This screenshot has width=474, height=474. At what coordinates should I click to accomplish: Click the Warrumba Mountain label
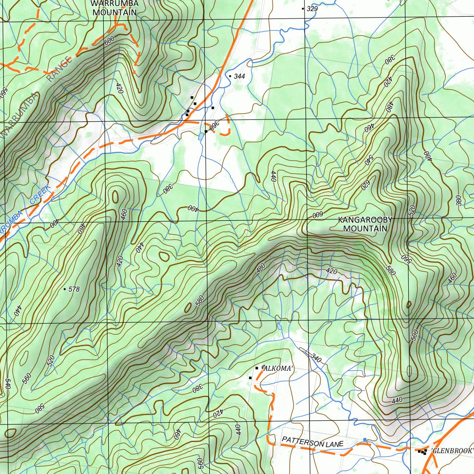pyautogui.click(x=115, y=8)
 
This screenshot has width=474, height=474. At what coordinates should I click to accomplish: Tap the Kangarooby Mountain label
pyautogui.click(x=365, y=224)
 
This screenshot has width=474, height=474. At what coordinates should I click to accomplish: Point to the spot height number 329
pyautogui.click(x=312, y=9)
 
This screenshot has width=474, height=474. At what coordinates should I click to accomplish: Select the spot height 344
pyautogui.click(x=239, y=76)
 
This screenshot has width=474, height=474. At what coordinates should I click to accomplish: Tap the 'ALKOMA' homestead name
pyautogui.click(x=278, y=368)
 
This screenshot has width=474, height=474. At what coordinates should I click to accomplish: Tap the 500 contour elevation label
pyautogui.click(x=414, y=336)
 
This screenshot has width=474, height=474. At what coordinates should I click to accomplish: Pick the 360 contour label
pyautogui.click(x=214, y=126)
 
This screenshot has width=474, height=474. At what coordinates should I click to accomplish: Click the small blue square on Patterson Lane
pyautogui.click(x=365, y=440)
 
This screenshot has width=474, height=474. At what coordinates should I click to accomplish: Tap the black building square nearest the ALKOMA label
pyautogui.click(x=257, y=368)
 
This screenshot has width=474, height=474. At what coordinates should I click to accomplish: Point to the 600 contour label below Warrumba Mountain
pyautogui.click(x=109, y=41)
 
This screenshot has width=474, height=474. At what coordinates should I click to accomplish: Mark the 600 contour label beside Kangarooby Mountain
pyautogui.click(x=317, y=215)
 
